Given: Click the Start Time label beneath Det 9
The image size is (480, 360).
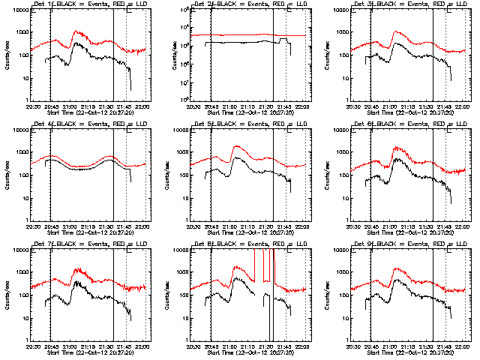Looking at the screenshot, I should [409, 351].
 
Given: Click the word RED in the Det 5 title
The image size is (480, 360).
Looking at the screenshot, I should [273, 124].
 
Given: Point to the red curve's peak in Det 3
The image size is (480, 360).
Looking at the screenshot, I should [394, 31].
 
